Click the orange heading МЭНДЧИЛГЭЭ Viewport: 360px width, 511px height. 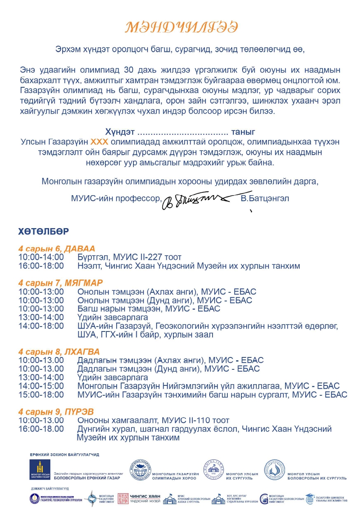181,27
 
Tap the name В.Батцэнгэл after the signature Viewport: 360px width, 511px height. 264,198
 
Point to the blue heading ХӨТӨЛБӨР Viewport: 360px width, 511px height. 43,231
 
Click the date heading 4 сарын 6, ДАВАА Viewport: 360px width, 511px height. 56,249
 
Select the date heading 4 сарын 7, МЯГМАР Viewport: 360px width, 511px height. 60,283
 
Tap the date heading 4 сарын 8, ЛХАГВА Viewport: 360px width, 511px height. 58,352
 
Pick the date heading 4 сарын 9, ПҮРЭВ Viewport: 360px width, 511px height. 56,412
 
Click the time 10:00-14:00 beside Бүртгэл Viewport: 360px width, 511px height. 41,257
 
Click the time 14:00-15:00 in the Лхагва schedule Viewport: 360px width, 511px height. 41,386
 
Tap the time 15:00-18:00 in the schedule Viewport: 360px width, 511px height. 41,395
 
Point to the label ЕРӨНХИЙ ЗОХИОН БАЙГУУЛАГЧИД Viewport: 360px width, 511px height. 64,455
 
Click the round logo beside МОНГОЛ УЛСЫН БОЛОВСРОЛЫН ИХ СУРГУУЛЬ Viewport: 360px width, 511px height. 274,470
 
